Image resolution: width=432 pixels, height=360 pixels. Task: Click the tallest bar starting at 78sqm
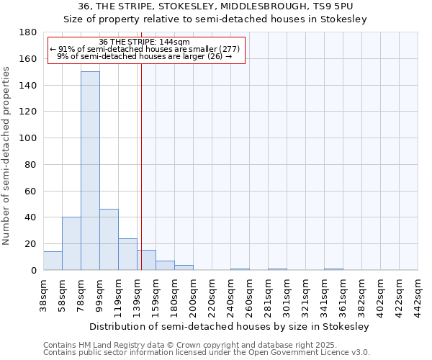pyautogui.click(x=90, y=171)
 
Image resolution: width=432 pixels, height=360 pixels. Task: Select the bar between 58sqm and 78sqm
pyautogui.click(x=71, y=243)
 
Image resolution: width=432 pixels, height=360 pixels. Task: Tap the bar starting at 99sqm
pyautogui.click(x=109, y=239)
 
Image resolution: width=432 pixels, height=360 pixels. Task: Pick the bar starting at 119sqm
pyautogui.click(x=127, y=254)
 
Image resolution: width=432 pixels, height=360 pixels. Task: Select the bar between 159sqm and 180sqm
pyautogui.click(x=165, y=265)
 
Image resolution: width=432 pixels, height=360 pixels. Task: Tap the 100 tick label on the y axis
pyautogui.click(x=28, y=138)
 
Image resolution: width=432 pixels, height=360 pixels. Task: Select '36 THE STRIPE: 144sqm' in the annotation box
pyautogui.click(x=144, y=42)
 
